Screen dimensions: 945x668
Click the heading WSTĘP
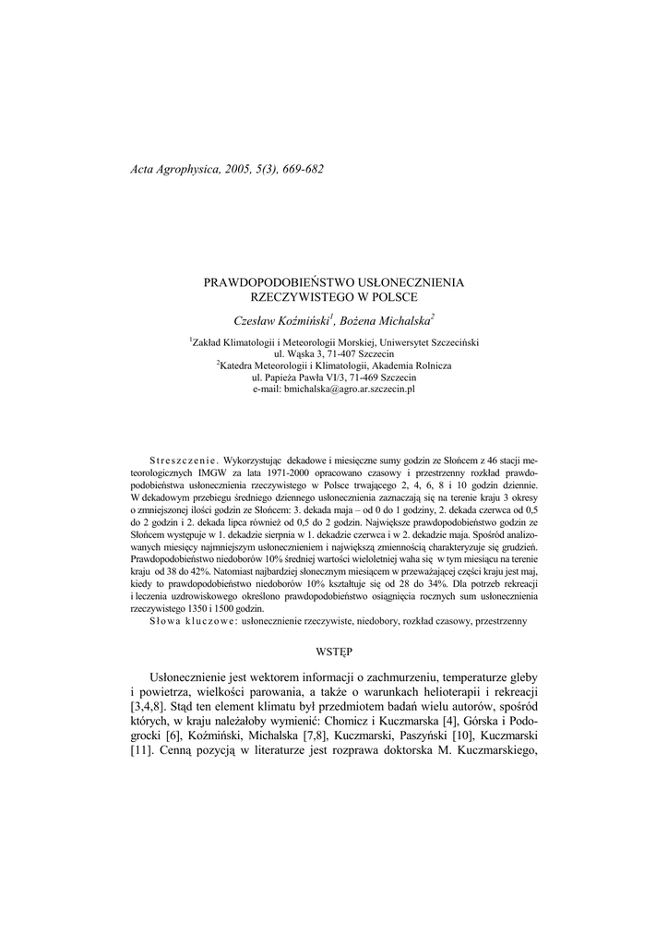334,651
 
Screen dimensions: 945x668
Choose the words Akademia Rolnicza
414,366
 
